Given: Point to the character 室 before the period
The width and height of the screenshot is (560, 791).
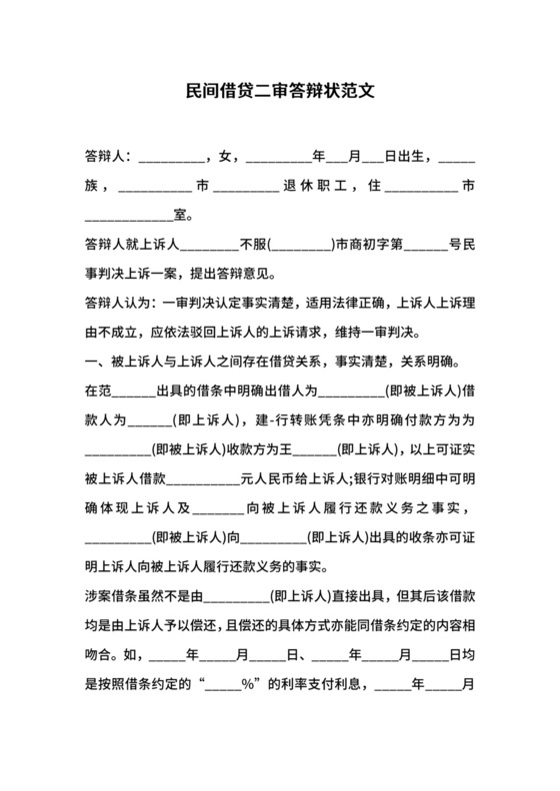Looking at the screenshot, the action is (x=181, y=214).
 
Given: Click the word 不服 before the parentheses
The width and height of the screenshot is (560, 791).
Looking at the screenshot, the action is (x=252, y=243).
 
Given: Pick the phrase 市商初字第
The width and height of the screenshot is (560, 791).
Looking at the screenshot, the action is (x=368, y=243).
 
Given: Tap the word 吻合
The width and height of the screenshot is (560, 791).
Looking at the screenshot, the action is (x=100, y=630).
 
